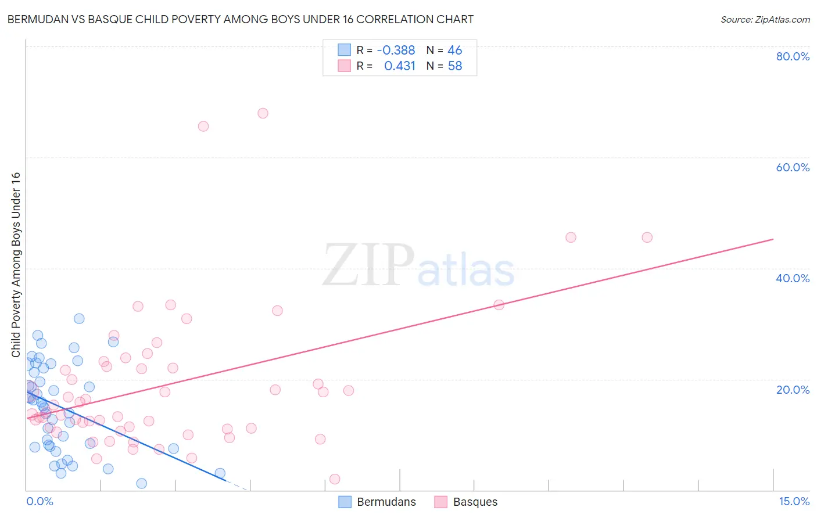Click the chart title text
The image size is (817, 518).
240,19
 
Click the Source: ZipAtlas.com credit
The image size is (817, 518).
765,19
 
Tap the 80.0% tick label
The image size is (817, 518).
793,56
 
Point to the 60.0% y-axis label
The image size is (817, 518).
793,167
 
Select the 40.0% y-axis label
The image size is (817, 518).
793,278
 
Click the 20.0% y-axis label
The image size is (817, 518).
793,389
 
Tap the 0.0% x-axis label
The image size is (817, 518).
40,501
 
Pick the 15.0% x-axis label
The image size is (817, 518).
794,501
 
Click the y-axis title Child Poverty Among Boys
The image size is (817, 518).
16,265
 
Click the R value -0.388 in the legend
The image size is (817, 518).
396,51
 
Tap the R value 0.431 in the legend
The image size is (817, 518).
400,66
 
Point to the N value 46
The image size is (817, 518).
454,51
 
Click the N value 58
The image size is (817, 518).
454,66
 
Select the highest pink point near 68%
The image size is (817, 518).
263,113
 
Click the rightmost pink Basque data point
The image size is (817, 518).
647,237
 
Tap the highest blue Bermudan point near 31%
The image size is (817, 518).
79,318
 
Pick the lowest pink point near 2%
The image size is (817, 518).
335,479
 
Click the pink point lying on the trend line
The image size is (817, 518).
499,304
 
